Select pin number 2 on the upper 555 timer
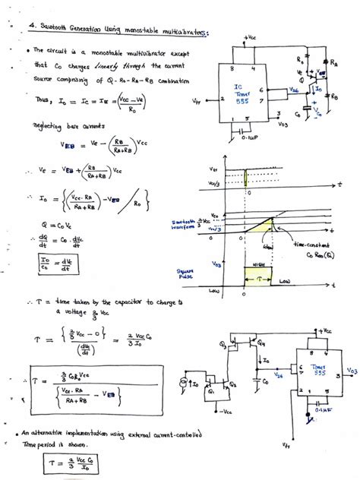223,99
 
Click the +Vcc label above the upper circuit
250,36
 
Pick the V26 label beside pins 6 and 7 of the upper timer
293,90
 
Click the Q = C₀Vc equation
55,225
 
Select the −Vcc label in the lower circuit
225,411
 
